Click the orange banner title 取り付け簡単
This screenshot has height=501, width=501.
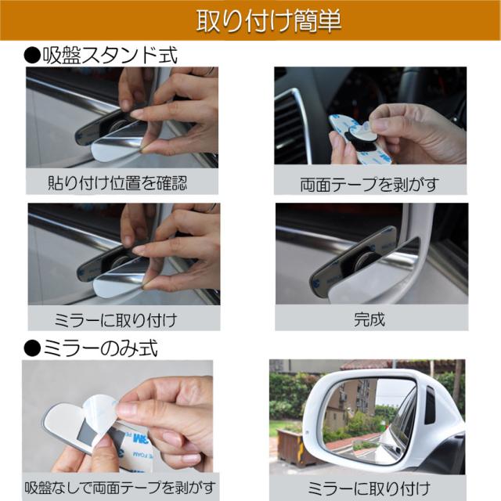coord(269,21)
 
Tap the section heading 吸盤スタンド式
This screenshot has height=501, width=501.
coord(110,56)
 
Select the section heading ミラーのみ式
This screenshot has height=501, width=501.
coord(100,348)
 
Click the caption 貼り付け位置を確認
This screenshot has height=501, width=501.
coord(117,183)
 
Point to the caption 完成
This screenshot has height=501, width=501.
coord(369,319)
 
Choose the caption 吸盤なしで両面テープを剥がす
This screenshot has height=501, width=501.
coord(120,488)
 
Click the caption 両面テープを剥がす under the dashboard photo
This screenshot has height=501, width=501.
coord(369,185)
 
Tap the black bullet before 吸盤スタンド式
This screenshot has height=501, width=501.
coord(32,56)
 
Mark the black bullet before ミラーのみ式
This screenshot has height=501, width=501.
coord(32,348)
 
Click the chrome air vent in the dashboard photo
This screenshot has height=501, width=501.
coord(290,124)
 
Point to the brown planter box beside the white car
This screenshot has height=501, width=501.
coord(291,447)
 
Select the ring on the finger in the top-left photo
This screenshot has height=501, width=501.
coord(211,71)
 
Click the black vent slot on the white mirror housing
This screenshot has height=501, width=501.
coord(430,405)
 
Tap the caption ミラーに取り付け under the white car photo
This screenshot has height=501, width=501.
coord(369,488)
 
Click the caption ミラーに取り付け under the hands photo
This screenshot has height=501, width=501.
coord(116,320)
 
